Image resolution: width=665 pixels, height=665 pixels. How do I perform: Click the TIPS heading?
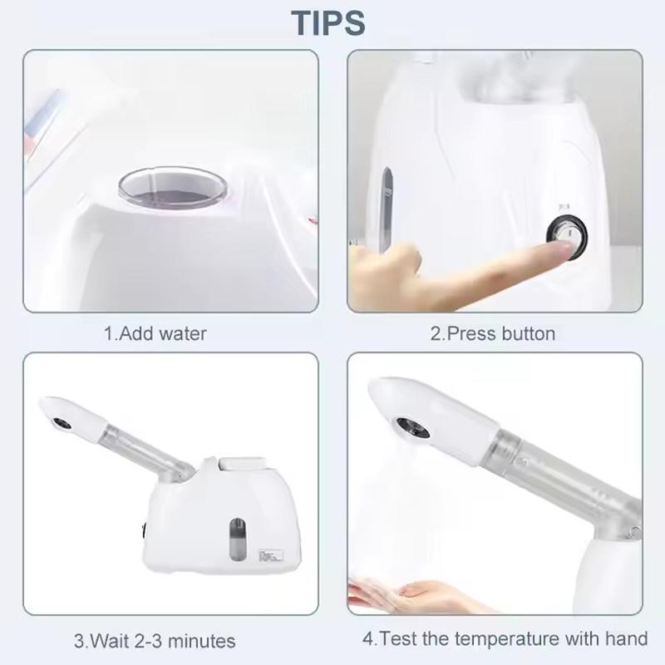330,22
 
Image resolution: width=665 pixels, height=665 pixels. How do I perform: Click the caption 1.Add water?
155,334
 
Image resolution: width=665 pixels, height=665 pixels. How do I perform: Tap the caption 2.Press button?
492,334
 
